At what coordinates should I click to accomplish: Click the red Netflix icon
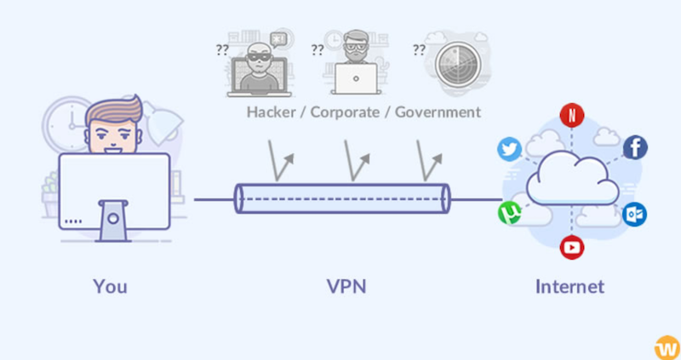pos(571,115)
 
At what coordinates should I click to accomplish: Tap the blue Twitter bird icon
pos(509,149)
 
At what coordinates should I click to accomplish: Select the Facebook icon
pos(635,147)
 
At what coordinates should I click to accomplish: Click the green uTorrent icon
pos(510,213)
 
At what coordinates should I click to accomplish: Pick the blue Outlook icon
pos(634,214)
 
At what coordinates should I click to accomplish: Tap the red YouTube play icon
pos(571,247)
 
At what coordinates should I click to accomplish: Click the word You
pos(110,287)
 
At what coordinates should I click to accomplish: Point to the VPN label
pos(346,287)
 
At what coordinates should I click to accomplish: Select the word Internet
pos(569,287)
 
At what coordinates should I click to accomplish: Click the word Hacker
pos(272,112)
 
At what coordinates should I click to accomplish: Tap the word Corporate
pos(345,112)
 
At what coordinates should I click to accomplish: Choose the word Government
pos(438,112)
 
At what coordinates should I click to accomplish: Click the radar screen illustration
pos(458,66)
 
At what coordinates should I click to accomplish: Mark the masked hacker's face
pos(259,59)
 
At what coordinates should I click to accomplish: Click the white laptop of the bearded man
pos(355,78)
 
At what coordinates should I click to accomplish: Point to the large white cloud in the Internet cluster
pos(572,178)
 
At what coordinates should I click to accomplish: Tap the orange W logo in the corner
pos(667,347)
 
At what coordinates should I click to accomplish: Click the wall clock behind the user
pos(66,125)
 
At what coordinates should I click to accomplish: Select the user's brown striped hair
pos(114,110)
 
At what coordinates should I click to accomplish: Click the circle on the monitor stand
pos(113,219)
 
